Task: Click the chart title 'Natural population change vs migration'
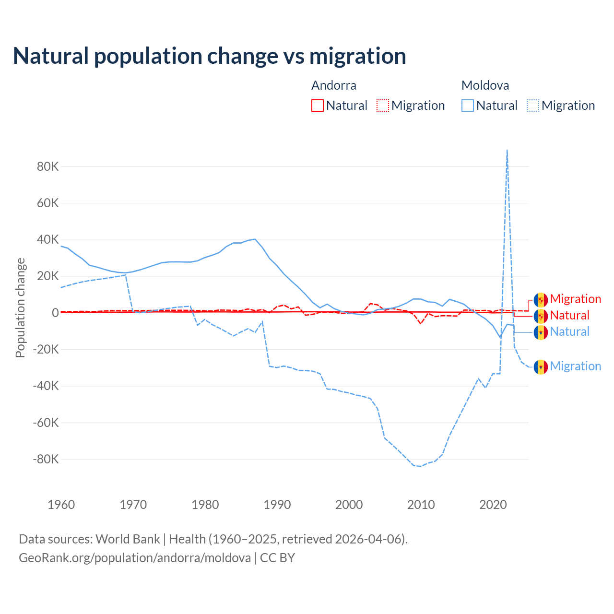(x=209, y=56)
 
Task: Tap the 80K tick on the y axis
(x=48, y=167)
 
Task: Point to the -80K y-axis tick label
(x=46, y=460)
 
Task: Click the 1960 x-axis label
(x=61, y=505)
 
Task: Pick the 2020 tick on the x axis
(x=493, y=505)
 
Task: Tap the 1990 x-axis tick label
(x=277, y=505)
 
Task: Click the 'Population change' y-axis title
(x=20, y=308)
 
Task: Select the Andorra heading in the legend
(x=334, y=85)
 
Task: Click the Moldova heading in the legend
(x=485, y=85)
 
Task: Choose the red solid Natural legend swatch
(x=318, y=106)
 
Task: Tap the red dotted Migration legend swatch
(x=383, y=106)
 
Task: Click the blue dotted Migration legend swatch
(x=533, y=106)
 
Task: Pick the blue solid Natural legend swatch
(x=468, y=106)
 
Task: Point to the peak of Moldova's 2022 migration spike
(x=507, y=150)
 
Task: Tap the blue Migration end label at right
(x=575, y=366)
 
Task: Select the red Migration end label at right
(x=575, y=299)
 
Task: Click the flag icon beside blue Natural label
(x=541, y=332)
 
